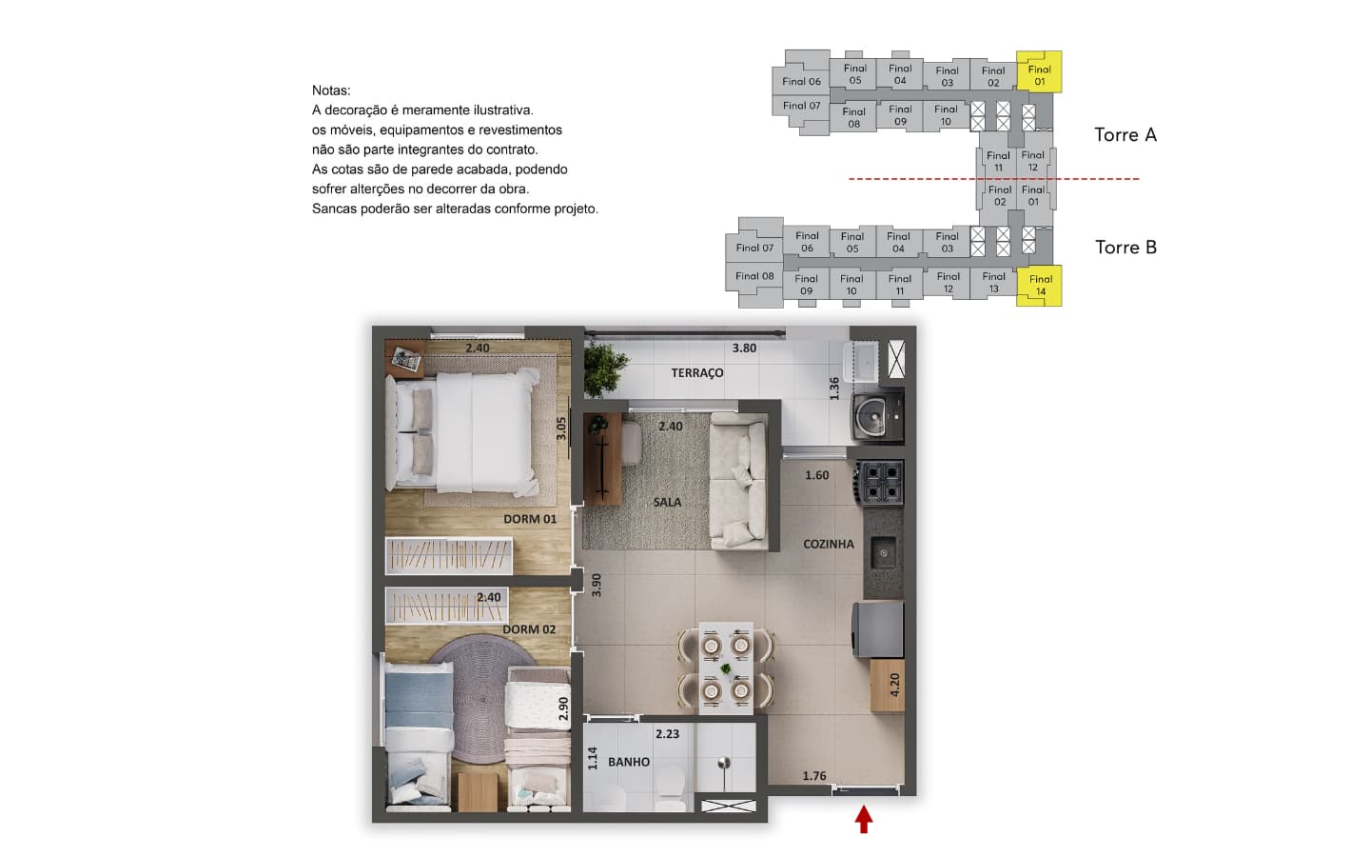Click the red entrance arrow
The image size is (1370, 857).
click(863, 819)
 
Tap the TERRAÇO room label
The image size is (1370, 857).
click(697, 373)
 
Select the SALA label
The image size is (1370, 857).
click(667, 502)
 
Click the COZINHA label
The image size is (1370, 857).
click(828, 544)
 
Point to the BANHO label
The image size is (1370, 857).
click(629, 762)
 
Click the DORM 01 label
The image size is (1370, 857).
click(530, 519)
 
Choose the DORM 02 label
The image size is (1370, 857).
click(529, 629)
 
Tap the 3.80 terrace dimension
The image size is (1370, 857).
click(744, 348)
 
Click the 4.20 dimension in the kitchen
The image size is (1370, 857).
click(894, 685)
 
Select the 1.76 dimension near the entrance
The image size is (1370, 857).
click(814, 776)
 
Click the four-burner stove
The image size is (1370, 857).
click(880, 483)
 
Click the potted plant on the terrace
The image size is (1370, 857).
click(604, 369)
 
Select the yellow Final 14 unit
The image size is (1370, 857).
click(1040, 286)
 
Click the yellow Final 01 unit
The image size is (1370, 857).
click(1039, 72)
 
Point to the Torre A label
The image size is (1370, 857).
click(1125, 134)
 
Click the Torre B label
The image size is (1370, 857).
click(1125, 248)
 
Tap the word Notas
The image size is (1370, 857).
click(331, 90)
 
